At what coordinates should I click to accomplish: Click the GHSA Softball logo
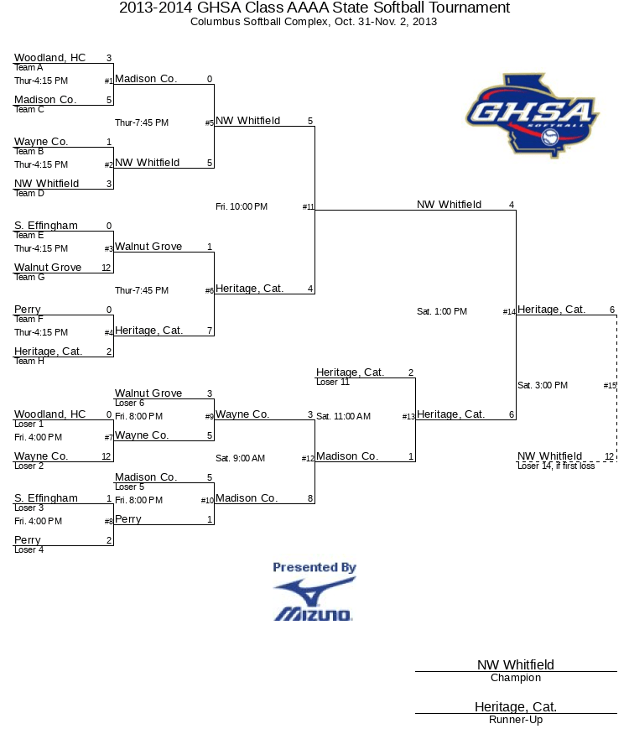[532, 115]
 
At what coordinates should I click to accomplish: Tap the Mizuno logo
[314, 601]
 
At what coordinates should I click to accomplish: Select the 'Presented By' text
[314, 568]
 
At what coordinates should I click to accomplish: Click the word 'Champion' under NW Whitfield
[516, 678]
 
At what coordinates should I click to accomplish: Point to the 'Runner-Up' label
[516, 720]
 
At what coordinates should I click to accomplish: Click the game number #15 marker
[610, 386]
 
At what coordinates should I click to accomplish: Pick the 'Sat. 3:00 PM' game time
[543, 385]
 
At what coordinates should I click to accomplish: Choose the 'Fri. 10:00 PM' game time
[242, 206]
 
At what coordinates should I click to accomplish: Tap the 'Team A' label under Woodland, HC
[29, 68]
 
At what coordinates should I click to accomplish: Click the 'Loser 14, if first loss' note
[556, 466]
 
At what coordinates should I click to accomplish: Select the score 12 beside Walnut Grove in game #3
[107, 268]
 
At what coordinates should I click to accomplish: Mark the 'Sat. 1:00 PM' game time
[442, 311]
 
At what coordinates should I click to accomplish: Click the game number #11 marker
[308, 207]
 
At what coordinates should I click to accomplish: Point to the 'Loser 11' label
[333, 383]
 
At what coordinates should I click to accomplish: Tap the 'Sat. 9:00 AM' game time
[241, 458]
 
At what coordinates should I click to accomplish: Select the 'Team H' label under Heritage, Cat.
[29, 362]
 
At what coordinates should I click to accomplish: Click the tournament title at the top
[314, 8]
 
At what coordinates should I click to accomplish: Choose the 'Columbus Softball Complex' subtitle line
[314, 22]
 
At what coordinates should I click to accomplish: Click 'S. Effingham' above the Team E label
[46, 226]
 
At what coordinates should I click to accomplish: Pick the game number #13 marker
[408, 417]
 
